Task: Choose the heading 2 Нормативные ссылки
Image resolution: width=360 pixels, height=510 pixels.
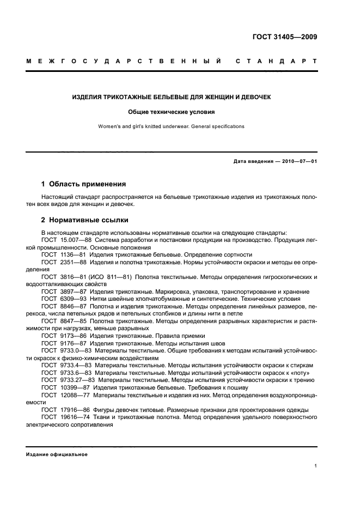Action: point(85,220)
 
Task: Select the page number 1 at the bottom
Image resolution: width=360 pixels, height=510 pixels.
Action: point(316,466)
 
